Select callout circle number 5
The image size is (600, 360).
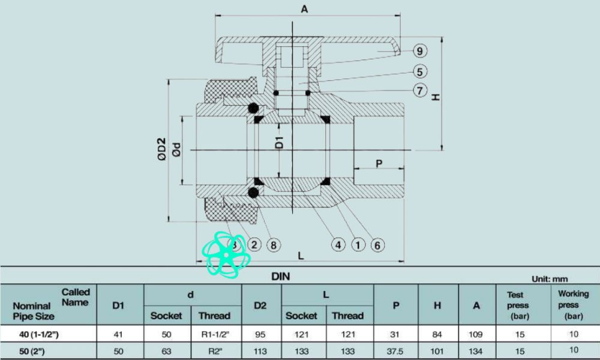coord(420,72)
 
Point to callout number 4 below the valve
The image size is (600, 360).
coord(339,245)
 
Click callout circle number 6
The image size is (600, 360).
coord(377,245)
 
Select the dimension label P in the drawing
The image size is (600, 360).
coord(379,164)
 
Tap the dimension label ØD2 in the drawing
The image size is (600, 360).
coord(161,150)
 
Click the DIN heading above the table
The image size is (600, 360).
coord(281,277)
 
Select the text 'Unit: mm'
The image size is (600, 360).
coord(549,279)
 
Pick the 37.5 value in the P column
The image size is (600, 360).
coord(396,350)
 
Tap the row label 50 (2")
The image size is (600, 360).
coord(34,350)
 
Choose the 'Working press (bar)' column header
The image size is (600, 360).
coord(574,305)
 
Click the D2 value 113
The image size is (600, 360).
coord(260,350)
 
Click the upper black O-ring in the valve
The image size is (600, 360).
coord(253,109)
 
